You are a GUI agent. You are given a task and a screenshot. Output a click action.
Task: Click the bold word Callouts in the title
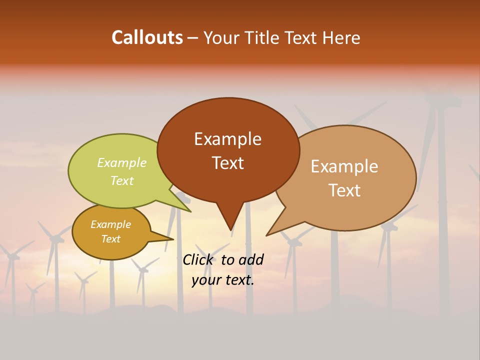tap(147, 37)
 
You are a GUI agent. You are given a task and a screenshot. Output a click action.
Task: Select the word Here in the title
tap(341, 37)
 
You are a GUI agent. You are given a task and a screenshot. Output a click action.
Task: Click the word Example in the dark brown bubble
tap(227, 138)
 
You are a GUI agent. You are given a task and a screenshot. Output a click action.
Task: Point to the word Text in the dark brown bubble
tap(227, 162)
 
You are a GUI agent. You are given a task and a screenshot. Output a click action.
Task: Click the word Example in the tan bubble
tap(344, 166)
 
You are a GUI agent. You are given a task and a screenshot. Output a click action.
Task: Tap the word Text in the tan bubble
tap(344, 190)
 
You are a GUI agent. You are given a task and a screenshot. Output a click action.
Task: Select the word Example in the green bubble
tap(122, 162)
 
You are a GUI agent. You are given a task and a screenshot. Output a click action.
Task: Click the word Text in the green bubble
tap(122, 180)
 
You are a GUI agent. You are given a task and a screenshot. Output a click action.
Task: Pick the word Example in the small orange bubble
tap(110, 224)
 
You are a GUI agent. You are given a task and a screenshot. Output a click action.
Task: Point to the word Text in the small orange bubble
tap(110, 239)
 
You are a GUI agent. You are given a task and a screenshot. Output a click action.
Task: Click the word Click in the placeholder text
tap(198, 259)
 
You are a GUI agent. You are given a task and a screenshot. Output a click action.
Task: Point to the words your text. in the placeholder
tap(222, 280)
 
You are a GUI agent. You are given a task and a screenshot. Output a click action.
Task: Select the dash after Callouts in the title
tap(193, 38)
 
